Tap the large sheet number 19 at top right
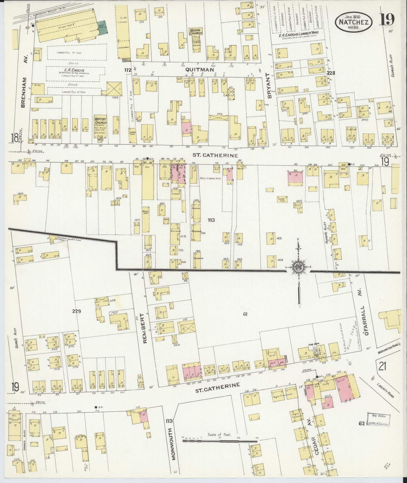click(x=387, y=20)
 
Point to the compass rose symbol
click(x=298, y=268)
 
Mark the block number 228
click(x=331, y=73)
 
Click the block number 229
click(x=76, y=311)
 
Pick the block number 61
click(x=245, y=314)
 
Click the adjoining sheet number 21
click(x=382, y=367)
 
